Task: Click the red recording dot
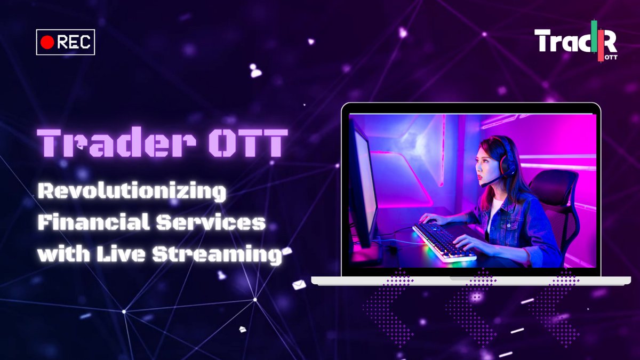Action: pos(47,43)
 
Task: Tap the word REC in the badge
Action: pos(73,43)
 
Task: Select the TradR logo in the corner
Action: pos(575,41)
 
